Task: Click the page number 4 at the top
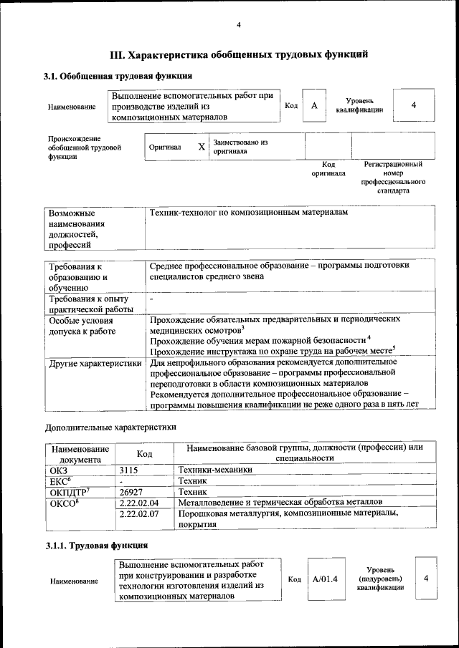239,26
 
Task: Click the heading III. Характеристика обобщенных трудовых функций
239,54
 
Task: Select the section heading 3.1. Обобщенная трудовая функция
118,76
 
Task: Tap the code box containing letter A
314,106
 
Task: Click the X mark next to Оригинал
202,147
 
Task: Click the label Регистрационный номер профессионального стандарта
392,178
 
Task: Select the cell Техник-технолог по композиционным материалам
248,214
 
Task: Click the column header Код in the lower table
145,454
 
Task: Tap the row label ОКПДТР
69,492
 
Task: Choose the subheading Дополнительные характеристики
110,427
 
